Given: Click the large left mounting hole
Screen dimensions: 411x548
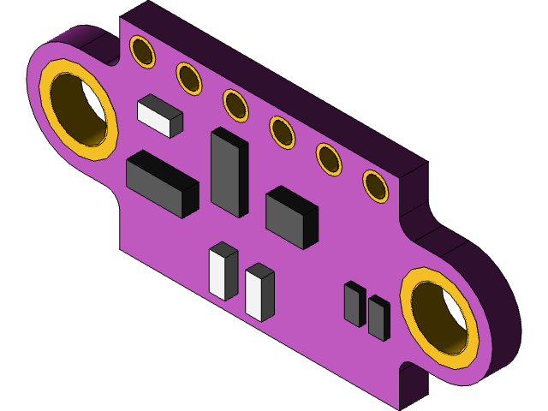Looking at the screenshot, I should pos(80,109).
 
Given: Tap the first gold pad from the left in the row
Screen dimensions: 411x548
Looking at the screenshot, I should pos(143,51).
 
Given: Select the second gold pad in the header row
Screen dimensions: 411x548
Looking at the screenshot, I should pos(189,79).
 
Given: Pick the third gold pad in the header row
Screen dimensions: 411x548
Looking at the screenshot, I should pos(235,105).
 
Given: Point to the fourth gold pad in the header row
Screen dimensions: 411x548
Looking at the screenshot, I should pos(283,132).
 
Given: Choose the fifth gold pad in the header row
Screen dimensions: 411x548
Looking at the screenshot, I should pos(329,159).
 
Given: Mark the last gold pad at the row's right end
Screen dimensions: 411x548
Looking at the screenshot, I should pos(375,186).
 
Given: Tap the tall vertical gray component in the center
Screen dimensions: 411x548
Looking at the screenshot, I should pos(229,173).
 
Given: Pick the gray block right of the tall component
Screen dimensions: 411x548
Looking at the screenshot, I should pos(291,217).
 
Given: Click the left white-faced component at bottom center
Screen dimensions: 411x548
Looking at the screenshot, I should pos(223,271).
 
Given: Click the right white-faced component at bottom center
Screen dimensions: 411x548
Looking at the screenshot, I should pos(259,293).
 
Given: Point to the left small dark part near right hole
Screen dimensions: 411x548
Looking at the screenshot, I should pos(354,304).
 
